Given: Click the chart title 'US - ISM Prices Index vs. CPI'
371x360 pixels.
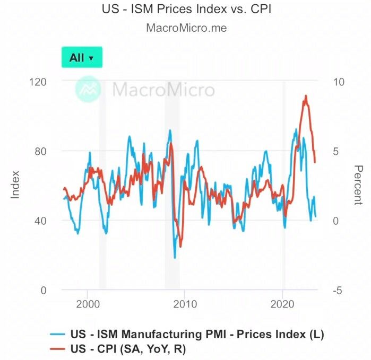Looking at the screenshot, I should pyautogui.click(x=186, y=9).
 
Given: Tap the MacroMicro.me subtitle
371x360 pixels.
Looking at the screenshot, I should pyautogui.click(x=186, y=28).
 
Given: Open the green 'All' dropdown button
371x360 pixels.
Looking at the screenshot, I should pyautogui.click(x=82, y=57).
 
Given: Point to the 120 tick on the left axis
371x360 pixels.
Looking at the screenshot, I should pyautogui.click(x=40, y=82).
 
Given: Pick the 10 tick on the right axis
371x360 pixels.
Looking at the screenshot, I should pyautogui.click(x=338, y=82).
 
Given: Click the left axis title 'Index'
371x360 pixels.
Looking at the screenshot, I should pyautogui.click(x=15, y=185).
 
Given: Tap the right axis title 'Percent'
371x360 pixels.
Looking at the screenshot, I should pyautogui.click(x=358, y=185).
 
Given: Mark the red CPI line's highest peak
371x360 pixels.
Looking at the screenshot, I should pyautogui.click(x=306, y=96).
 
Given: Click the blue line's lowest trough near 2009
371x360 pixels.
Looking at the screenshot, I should pyautogui.click(x=175, y=258).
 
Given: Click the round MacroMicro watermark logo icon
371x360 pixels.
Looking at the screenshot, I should pyautogui.click(x=88, y=89).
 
